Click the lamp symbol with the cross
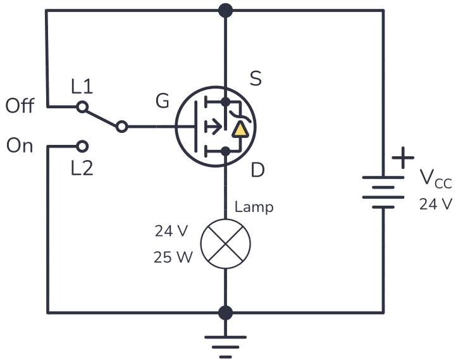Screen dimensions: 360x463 (225, 242)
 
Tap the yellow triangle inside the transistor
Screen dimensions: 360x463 (240, 130)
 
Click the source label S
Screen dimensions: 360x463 (256, 79)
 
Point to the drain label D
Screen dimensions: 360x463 (257, 170)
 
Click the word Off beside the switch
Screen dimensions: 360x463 (20, 106)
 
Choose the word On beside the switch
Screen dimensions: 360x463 (20, 146)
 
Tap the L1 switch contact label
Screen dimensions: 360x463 (82, 87)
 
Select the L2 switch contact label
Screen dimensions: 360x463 (82, 168)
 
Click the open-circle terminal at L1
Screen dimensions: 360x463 (82, 107)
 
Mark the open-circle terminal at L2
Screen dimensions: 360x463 (82, 147)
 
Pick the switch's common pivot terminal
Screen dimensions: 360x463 (122, 127)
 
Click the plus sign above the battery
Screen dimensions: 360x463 (403, 158)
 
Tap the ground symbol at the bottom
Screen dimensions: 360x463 (225, 342)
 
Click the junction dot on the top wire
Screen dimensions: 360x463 (225, 10)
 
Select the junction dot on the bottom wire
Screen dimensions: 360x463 (225, 313)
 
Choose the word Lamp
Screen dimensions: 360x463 (254, 207)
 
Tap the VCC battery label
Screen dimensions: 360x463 (436, 180)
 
